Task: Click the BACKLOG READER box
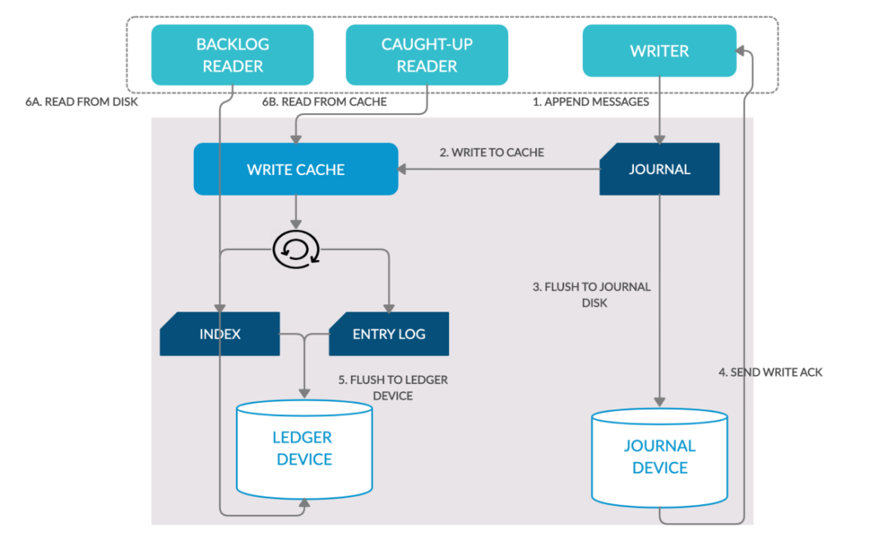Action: [233, 54]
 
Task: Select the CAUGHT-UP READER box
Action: [427, 54]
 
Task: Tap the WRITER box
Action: [659, 51]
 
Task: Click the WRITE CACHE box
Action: [295, 169]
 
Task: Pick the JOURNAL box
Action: [659, 169]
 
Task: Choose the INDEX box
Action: [220, 334]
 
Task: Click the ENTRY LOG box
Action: [389, 334]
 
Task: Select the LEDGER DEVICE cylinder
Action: [304, 449]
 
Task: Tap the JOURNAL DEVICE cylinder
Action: [659, 456]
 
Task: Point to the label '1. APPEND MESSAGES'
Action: [590, 103]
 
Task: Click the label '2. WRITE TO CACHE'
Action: [492, 152]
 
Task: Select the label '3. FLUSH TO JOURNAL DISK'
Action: [591, 294]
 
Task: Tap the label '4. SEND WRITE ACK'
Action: [770, 372]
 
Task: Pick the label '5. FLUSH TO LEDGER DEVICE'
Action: [393, 388]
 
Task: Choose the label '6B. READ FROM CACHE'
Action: [324, 103]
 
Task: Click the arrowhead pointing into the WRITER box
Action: [740, 51]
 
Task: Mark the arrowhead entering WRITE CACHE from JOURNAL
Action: [403, 169]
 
